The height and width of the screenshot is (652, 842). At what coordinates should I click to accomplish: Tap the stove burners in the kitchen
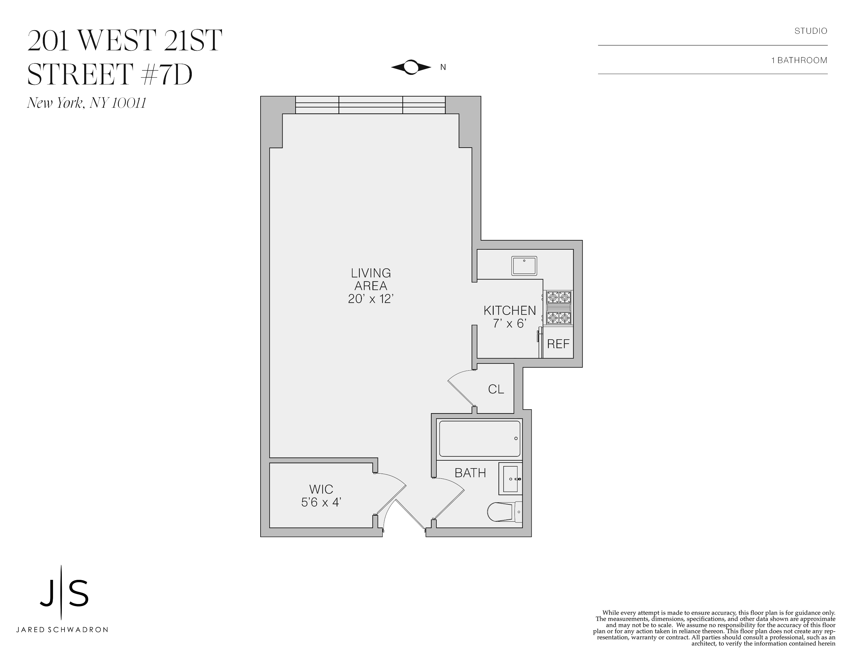pyautogui.click(x=559, y=308)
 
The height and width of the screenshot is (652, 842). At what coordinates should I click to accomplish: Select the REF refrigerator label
pyautogui.click(x=558, y=344)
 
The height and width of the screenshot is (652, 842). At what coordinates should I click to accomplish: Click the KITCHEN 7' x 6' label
pyautogui.click(x=510, y=317)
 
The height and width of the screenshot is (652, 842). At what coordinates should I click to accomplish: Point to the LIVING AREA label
pyautogui.click(x=371, y=286)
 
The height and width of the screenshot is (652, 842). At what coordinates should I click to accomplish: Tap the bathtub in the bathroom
pyautogui.click(x=480, y=439)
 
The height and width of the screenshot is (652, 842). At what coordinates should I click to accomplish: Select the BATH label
pyautogui.click(x=470, y=473)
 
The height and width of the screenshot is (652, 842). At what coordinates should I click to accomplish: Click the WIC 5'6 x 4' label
pyautogui.click(x=321, y=496)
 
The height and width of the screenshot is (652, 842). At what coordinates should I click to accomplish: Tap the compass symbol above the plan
pyautogui.click(x=411, y=67)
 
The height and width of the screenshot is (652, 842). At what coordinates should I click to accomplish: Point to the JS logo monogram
pyautogui.click(x=64, y=592)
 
